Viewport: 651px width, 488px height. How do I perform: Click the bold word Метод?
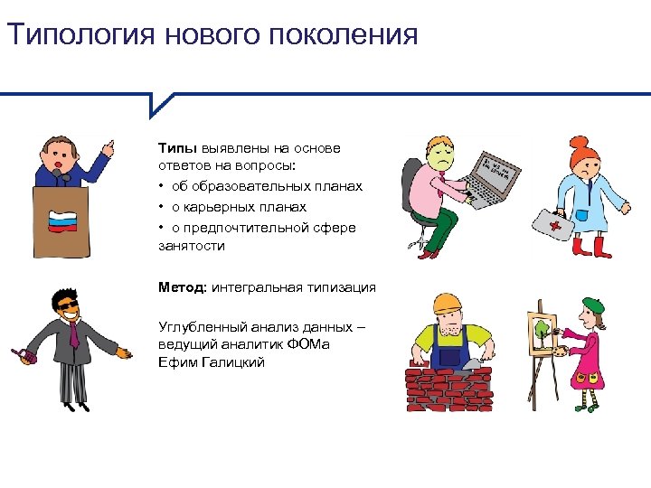184,287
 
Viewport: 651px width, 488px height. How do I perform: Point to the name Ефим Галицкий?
210,362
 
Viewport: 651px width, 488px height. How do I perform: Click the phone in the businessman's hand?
24,355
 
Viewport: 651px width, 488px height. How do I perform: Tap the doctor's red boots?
585,247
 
